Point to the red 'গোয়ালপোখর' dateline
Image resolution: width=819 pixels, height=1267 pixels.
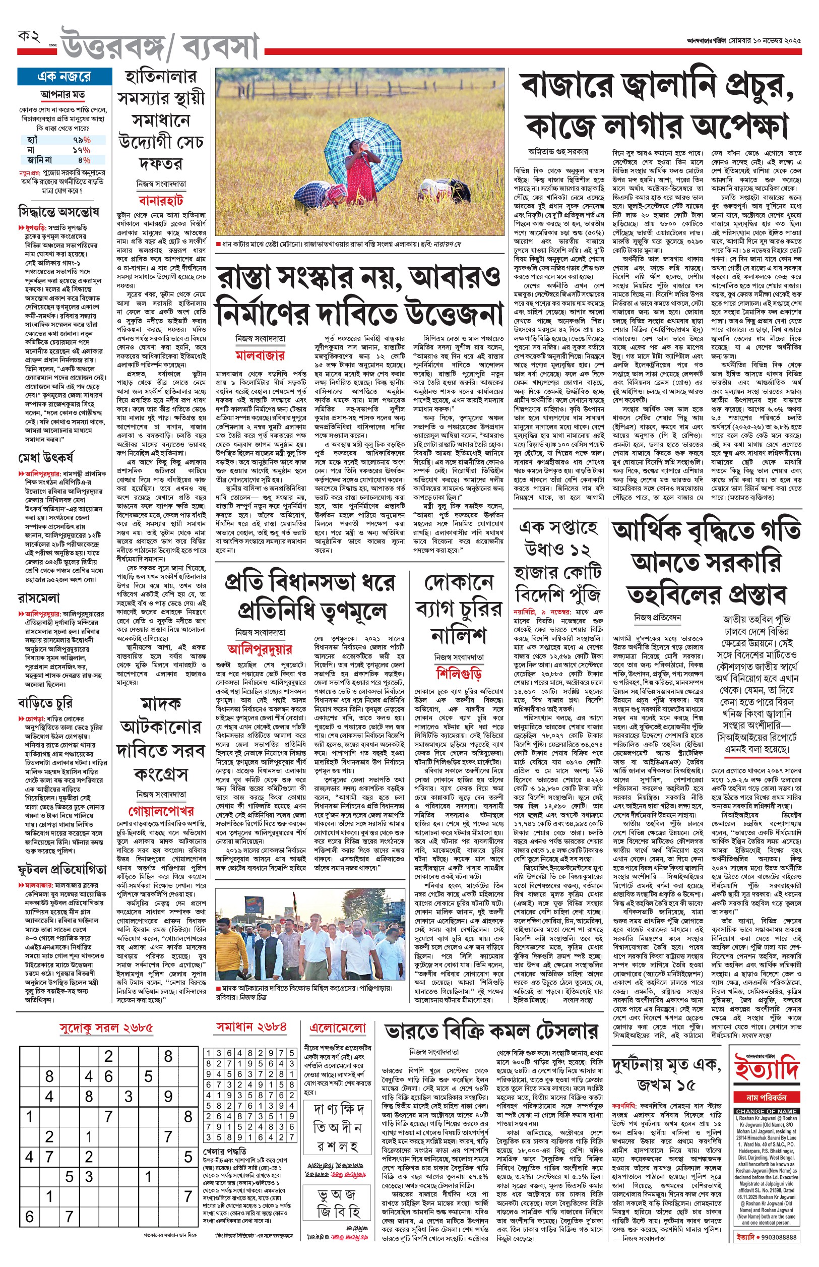[161, 811]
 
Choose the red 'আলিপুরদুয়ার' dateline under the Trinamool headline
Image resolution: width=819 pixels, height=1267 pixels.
[260, 648]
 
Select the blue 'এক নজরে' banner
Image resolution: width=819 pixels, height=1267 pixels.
[65, 77]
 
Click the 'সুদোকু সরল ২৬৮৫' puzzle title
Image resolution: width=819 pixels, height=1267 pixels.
[106, 1028]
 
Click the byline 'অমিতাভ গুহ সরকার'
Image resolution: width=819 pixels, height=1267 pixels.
[558, 152]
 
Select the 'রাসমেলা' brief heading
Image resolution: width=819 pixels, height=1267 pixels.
[39, 597]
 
